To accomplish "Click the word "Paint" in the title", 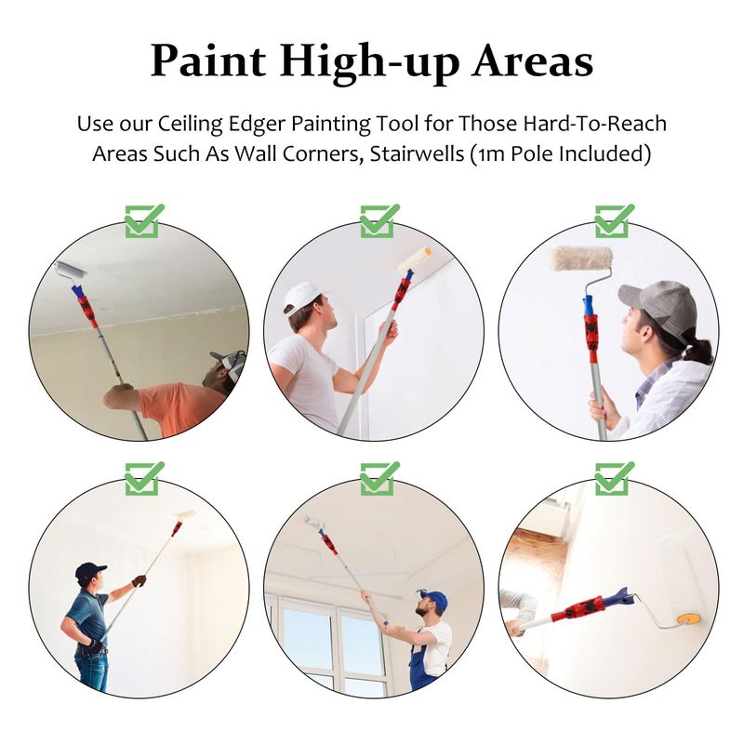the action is [208, 61].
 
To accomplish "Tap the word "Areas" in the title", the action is [532, 61].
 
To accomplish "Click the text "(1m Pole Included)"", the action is [561, 153].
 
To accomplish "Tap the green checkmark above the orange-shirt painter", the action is [144, 221].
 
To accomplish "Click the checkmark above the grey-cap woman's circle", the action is [615, 221].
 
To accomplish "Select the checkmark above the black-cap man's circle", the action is [144, 478].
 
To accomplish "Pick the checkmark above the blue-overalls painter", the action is [379, 478].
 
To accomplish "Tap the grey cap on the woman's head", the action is [658, 308].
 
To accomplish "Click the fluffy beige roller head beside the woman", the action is [581, 259].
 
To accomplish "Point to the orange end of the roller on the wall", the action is [688, 619].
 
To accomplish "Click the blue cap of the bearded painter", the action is [433, 600].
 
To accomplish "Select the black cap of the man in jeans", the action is [89, 570].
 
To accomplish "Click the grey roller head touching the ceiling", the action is [71, 270].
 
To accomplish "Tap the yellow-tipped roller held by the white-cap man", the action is [415, 260].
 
